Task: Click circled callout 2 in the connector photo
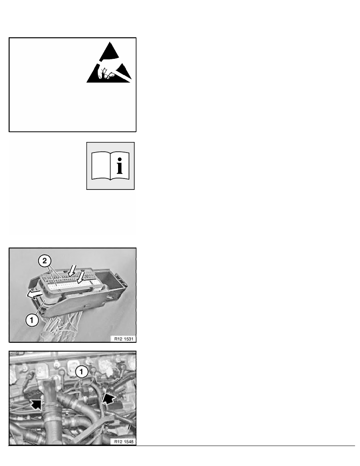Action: (45, 261)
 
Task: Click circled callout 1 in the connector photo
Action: (32, 320)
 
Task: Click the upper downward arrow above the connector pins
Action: (72, 270)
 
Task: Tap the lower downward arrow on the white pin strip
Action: (80, 277)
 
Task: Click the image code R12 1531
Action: (124, 339)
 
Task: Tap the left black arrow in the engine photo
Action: (36, 404)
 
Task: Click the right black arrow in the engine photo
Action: (108, 398)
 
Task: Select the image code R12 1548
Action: (124, 442)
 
